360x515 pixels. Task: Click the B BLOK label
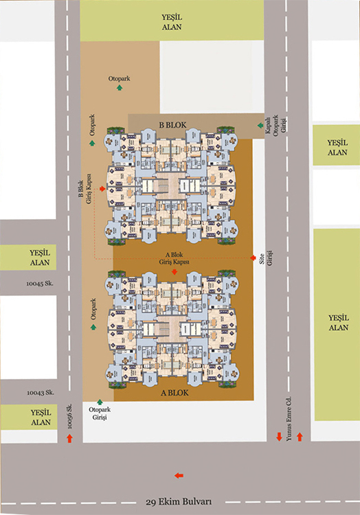pyautogui.click(x=172, y=125)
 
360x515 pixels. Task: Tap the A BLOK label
pyautogui.click(x=175, y=393)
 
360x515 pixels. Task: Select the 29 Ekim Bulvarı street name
pyautogui.click(x=179, y=502)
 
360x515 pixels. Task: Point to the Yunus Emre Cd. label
pyautogui.click(x=289, y=419)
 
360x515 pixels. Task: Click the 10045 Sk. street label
pyautogui.click(x=40, y=284)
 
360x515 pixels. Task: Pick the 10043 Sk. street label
pyautogui.click(x=41, y=393)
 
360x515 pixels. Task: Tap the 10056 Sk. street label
pyautogui.click(x=69, y=416)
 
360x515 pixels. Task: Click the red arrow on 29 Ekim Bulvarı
pyautogui.click(x=179, y=475)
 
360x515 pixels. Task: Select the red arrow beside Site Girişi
pyautogui.click(x=253, y=257)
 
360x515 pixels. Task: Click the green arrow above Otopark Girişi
pyautogui.click(x=100, y=402)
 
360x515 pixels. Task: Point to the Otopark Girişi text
pyautogui.click(x=100, y=413)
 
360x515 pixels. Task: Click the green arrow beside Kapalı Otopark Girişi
pyautogui.click(x=260, y=125)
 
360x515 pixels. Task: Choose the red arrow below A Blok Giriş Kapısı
pyautogui.click(x=175, y=272)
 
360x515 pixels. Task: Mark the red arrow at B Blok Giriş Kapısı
pyautogui.click(x=102, y=189)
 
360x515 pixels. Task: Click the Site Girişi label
pyautogui.click(x=266, y=257)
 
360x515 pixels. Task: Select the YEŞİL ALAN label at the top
pyautogui.click(x=172, y=22)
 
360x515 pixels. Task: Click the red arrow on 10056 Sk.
pyautogui.click(x=69, y=438)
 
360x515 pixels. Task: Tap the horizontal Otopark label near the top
pyautogui.click(x=120, y=78)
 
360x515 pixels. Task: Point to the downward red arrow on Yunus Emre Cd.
pyautogui.click(x=279, y=437)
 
